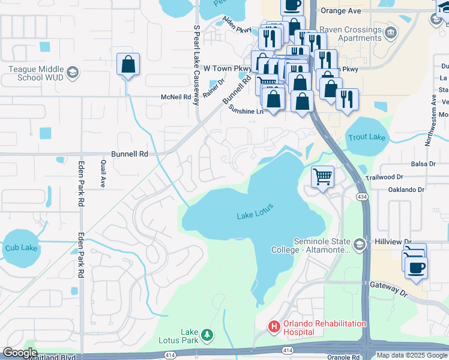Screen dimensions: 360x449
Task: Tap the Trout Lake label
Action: (367, 137)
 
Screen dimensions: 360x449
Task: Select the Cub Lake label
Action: (21, 247)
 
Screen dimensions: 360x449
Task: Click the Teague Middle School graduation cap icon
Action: (73, 72)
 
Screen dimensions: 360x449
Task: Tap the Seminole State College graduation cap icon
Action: (359, 244)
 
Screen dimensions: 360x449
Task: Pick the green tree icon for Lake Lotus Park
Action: (206, 334)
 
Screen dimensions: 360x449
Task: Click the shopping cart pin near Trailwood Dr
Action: (323, 177)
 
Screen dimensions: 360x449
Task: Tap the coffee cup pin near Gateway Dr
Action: (416, 268)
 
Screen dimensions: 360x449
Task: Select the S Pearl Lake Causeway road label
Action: (196, 65)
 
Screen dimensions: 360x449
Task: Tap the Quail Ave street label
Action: (103, 173)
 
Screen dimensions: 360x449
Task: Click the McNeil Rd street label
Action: (175, 97)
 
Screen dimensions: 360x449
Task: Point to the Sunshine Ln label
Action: (247, 110)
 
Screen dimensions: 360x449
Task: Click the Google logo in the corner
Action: (20, 353)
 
